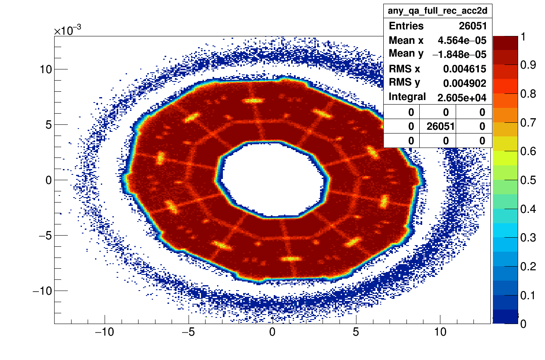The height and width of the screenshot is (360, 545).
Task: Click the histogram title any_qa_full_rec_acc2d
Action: [437, 11]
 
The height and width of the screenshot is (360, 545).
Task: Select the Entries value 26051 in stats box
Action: [473, 26]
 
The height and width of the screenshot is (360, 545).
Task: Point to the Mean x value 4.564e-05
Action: [462, 41]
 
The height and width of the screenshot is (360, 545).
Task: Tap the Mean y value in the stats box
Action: [459, 55]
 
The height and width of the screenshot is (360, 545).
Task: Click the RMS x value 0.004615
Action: [465, 69]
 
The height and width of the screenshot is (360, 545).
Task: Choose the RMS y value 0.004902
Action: [465, 83]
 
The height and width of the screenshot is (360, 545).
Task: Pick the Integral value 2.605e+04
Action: [462, 98]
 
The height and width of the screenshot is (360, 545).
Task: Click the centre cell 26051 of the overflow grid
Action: [438, 126]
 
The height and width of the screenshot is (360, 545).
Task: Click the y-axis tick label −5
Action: [43, 236]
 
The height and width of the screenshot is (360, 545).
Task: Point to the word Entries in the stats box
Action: [406, 26]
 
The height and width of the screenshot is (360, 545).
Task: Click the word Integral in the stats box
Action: [407, 97]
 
